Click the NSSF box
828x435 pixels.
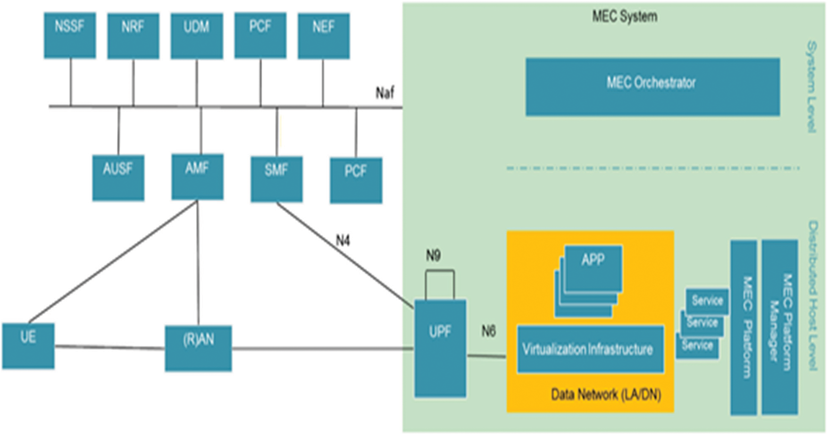(x=70, y=35)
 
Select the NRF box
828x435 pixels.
(x=133, y=36)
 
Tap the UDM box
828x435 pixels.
(x=197, y=36)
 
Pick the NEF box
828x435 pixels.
(x=324, y=36)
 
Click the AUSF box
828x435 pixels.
(x=118, y=178)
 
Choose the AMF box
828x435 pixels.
(x=197, y=176)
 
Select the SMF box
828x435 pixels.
(x=276, y=179)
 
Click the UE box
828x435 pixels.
(x=28, y=345)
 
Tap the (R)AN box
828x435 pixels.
(x=198, y=348)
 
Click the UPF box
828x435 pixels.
(x=440, y=348)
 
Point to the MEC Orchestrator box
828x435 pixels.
(x=652, y=87)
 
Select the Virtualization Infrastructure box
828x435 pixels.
(x=590, y=349)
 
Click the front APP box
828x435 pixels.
(x=593, y=267)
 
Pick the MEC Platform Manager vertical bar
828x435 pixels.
(x=779, y=327)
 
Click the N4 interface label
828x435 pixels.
(x=343, y=241)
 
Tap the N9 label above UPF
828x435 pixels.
(x=433, y=255)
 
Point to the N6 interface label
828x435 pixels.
(x=488, y=331)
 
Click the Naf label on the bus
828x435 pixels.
(x=385, y=92)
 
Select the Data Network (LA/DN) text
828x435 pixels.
(x=606, y=394)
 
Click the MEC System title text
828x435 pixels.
(x=624, y=16)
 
